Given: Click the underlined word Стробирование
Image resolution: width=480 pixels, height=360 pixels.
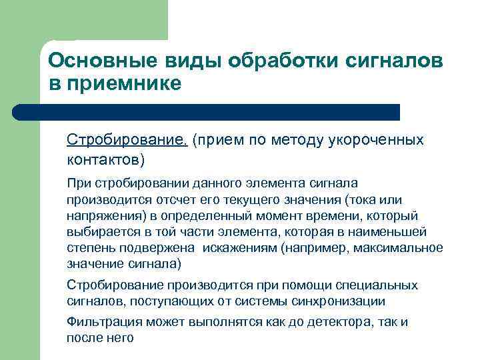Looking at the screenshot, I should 127,140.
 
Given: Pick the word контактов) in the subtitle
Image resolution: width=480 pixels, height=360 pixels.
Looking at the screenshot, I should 105,160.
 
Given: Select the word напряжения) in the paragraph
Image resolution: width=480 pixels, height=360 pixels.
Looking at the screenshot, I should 105,215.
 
